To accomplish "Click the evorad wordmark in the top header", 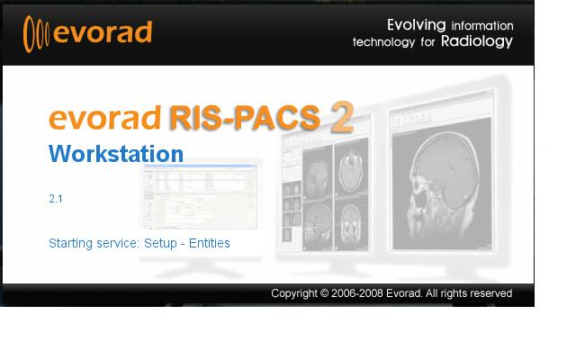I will [101, 33].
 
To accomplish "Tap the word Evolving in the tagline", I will [417, 24].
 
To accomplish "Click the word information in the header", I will [482, 25].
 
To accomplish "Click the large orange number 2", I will [341, 118].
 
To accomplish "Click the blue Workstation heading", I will [116, 153].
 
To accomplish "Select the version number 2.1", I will [56, 199].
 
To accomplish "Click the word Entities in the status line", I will [209, 243].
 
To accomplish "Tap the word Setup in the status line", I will [160, 243].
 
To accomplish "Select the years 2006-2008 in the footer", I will [362, 293].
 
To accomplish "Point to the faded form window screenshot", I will [200, 196].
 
